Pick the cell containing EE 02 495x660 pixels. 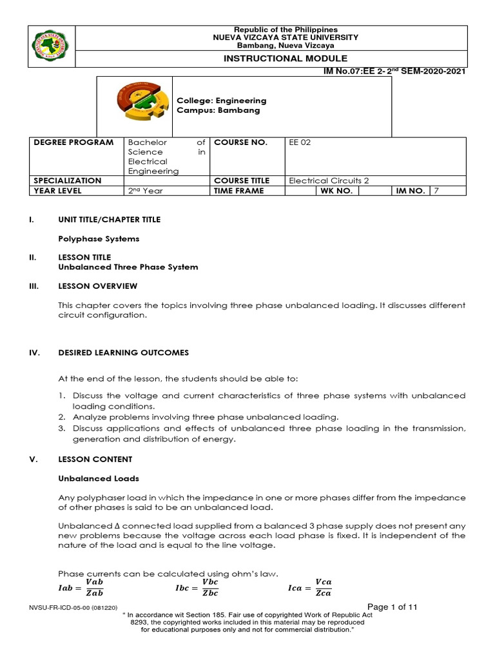click(300, 142)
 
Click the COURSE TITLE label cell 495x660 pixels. click(242, 181)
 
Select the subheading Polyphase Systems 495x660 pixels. click(99, 239)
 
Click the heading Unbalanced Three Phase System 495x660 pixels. click(128, 267)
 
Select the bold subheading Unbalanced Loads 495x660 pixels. click(99, 478)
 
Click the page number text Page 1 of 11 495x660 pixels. click(393, 607)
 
